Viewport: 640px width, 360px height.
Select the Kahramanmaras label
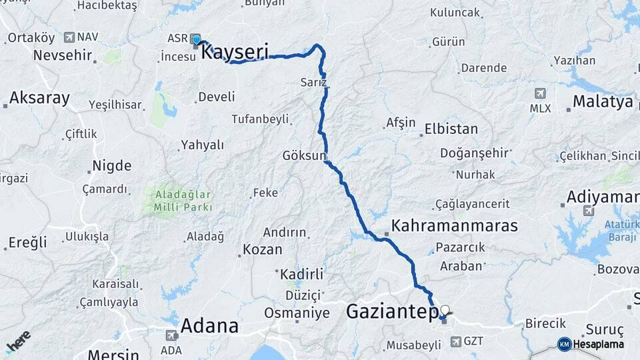(455, 226)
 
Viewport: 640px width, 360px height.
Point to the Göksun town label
(304, 156)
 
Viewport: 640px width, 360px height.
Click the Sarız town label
(313, 82)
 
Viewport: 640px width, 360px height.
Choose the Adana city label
(209, 325)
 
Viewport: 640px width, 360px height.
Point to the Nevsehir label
(62, 55)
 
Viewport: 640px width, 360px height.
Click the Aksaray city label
(39, 98)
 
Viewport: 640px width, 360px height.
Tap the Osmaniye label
(297, 313)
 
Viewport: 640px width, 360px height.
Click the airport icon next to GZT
(456, 341)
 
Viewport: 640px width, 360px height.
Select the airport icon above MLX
(540, 94)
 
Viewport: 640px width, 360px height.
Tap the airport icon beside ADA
(171, 336)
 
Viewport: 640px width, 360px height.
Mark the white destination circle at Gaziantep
(445, 310)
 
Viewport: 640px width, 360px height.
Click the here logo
(18, 341)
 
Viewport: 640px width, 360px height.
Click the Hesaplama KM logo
(592, 344)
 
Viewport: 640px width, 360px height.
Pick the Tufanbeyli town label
(260, 119)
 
